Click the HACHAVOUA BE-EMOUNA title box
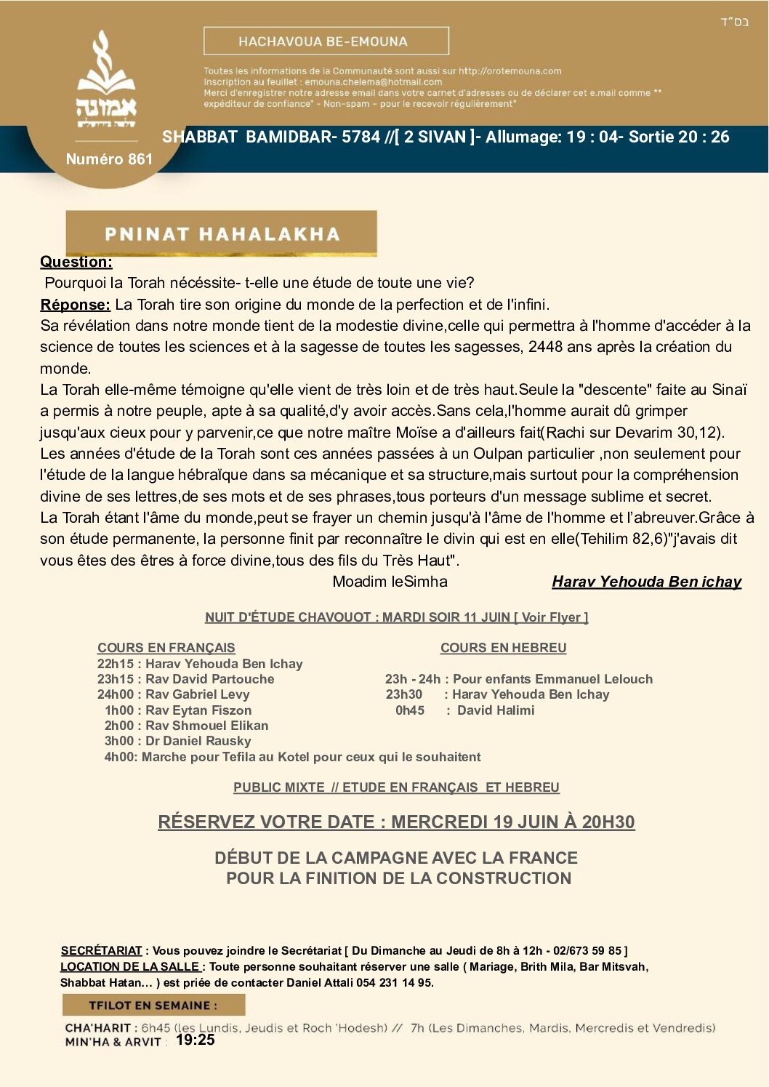click(326, 41)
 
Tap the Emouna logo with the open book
click(107, 80)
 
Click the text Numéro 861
click(109, 159)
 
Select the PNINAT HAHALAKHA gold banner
click(222, 233)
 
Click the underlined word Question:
click(76, 262)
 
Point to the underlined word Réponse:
click(76, 305)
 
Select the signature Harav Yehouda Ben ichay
click(646, 582)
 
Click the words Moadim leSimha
click(390, 582)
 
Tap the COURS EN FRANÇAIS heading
click(166, 648)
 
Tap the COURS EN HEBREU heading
click(503, 648)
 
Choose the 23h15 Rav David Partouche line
click(186, 679)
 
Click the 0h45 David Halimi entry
click(465, 710)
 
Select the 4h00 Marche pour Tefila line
click(292, 757)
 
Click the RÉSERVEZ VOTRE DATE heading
click(396, 822)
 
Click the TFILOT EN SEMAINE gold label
click(153, 1006)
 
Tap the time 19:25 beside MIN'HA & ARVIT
click(196, 1040)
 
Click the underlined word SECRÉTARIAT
click(102, 950)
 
